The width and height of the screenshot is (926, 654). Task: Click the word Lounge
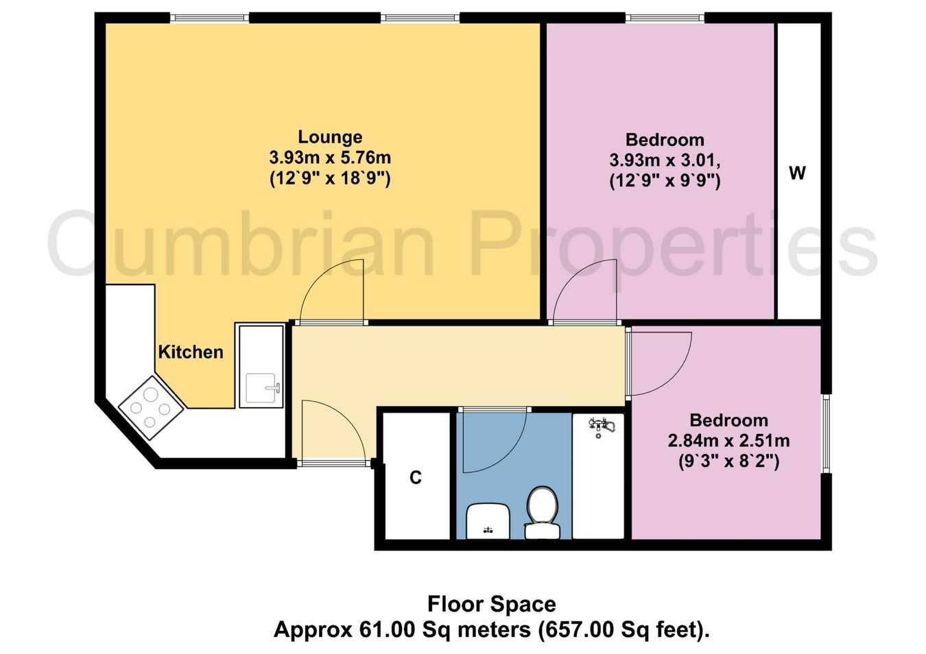(x=330, y=137)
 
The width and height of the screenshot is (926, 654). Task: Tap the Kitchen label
(x=191, y=352)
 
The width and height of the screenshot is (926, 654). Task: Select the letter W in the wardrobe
(x=798, y=173)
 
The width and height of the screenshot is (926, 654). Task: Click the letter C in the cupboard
(x=416, y=478)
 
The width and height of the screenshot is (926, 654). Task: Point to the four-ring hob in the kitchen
(x=150, y=408)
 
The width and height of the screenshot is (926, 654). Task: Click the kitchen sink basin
(x=261, y=388)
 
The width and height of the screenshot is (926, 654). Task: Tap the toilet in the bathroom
(x=542, y=513)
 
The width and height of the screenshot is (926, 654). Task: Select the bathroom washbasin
(x=488, y=521)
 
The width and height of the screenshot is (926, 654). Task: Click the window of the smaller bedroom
(x=826, y=433)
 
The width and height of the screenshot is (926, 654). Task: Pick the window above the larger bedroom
(x=665, y=17)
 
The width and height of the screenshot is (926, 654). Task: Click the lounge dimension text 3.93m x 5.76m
(x=330, y=158)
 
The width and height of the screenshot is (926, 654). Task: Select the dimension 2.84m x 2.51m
(x=729, y=441)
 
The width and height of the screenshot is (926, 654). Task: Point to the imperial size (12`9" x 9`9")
(x=665, y=181)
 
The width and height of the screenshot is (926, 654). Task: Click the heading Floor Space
(x=492, y=605)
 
